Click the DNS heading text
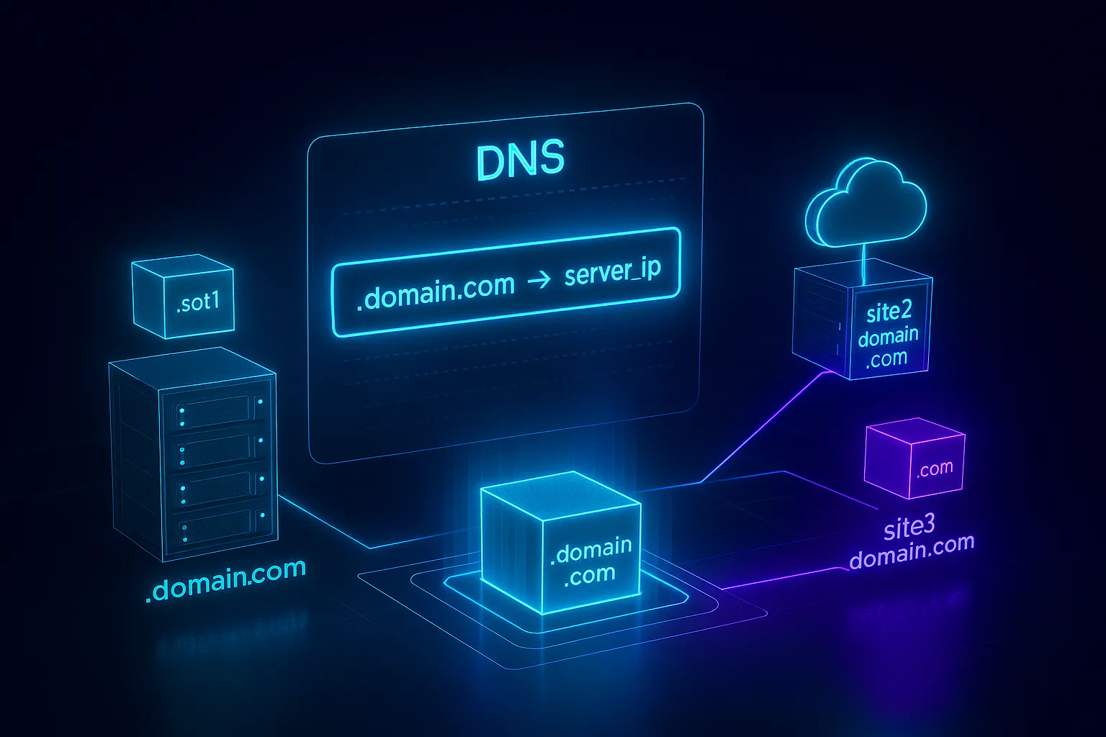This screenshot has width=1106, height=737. pyautogui.click(x=520, y=160)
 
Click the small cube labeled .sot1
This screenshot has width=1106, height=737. pyautogui.click(x=184, y=299)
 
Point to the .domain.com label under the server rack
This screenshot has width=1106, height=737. pyautogui.click(x=225, y=579)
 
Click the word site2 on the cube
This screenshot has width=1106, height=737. pyautogui.click(x=889, y=312)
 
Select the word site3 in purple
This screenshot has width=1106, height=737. pyautogui.click(x=909, y=527)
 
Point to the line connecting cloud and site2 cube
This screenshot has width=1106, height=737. pyautogui.click(x=862, y=261)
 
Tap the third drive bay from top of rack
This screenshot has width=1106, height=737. pyautogui.click(x=217, y=488)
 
